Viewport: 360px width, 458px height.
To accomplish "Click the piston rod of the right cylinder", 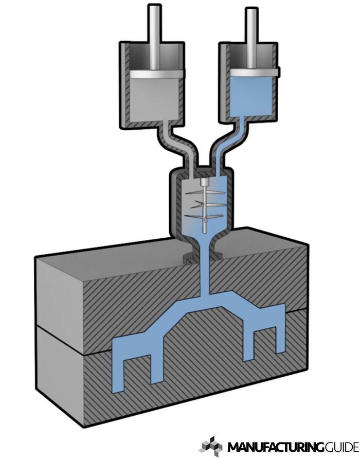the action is click(x=251, y=38).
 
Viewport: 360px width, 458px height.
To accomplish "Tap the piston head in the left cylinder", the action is click(x=156, y=74).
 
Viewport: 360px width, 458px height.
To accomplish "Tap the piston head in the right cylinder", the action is click(x=254, y=73).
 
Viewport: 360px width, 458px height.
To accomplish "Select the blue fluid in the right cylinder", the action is click(x=251, y=96).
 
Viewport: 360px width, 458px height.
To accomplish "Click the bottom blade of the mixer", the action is click(x=204, y=217).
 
